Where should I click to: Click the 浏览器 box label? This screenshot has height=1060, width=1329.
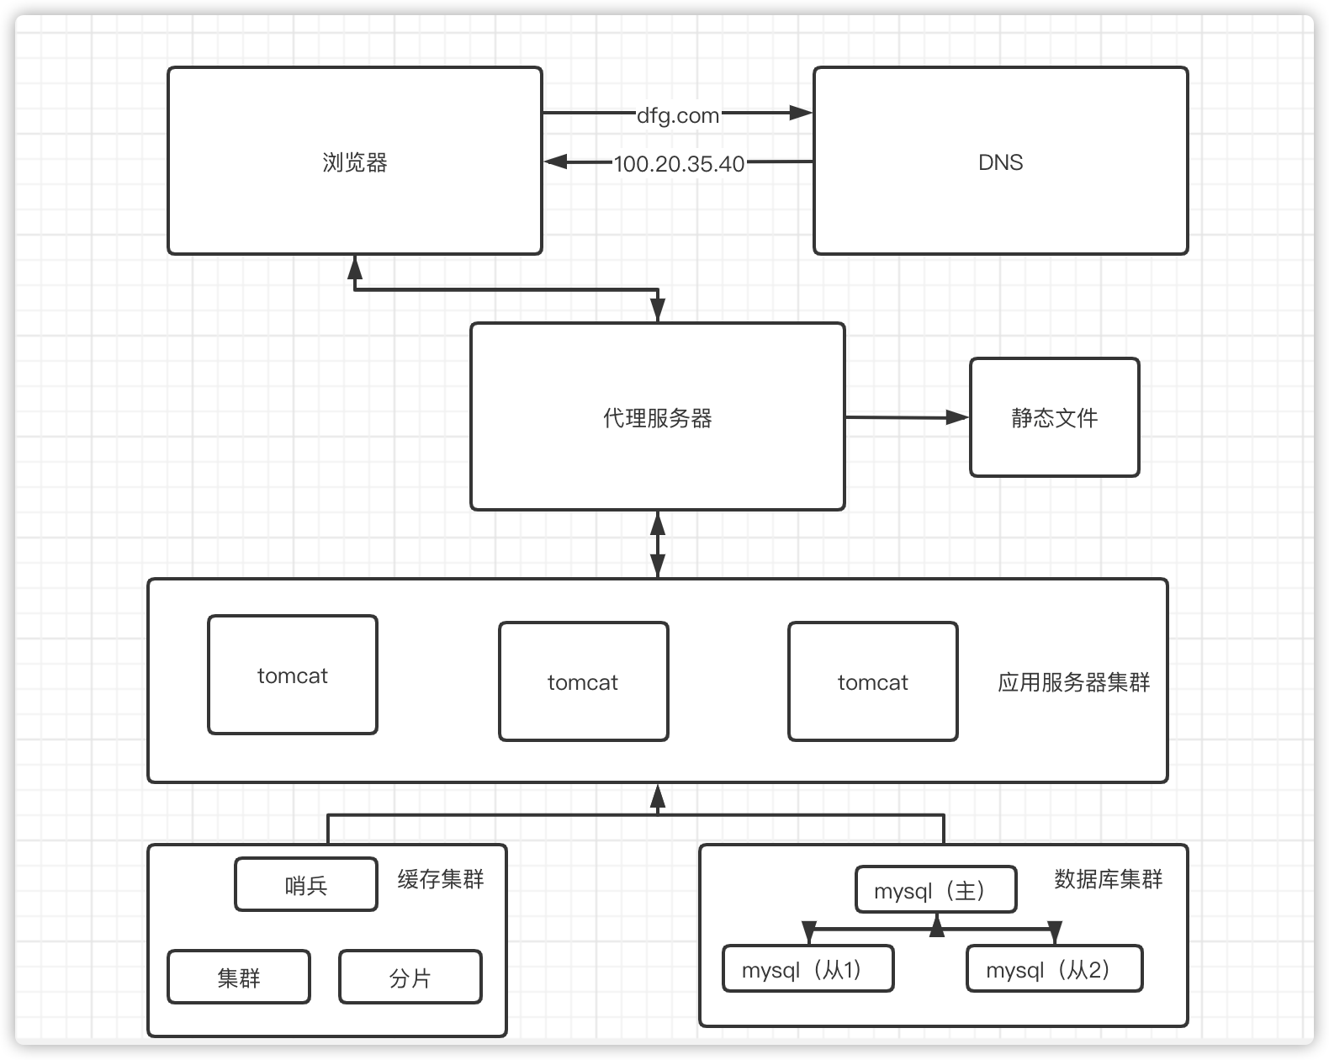pyautogui.click(x=354, y=162)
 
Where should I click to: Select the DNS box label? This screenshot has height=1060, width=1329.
pyautogui.click(x=1000, y=162)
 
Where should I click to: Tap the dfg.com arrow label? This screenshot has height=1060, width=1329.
pyautogui.click(x=678, y=115)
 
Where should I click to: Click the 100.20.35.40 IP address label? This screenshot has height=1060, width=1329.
pyautogui.click(x=679, y=163)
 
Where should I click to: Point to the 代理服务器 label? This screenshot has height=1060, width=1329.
pyautogui.click(x=657, y=418)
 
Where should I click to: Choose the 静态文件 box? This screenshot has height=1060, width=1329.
pyautogui.click(x=1054, y=418)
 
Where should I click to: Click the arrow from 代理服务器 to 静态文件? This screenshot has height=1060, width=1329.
pyautogui.click(x=907, y=417)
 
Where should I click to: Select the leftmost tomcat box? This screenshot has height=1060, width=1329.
pyautogui.click(x=292, y=676)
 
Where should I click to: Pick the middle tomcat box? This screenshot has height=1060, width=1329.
pyautogui.click(x=583, y=682)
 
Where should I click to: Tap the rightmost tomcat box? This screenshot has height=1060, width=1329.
pyautogui.click(x=872, y=682)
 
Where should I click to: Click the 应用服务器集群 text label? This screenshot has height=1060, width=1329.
pyautogui.click(x=1073, y=682)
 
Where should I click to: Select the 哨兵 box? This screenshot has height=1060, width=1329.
pyautogui.click(x=305, y=885)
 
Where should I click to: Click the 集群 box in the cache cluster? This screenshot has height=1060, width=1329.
pyautogui.click(x=238, y=978)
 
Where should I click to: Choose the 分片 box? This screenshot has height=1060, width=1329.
pyautogui.click(x=410, y=978)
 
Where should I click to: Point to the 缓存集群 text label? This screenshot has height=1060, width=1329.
pyautogui.click(x=441, y=880)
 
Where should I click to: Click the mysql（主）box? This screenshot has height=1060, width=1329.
pyautogui.click(x=935, y=890)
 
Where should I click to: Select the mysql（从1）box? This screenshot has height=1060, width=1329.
pyautogui.click(x=807, y=969)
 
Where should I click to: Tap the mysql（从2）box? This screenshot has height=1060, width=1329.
pyautogui.click(x=1053, y=969)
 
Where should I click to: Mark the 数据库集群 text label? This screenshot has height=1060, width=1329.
pyautogui.click(x=1108, y=880)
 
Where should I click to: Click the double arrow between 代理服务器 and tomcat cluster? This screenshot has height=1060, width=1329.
pyautogui.click(x=658, y=544)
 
